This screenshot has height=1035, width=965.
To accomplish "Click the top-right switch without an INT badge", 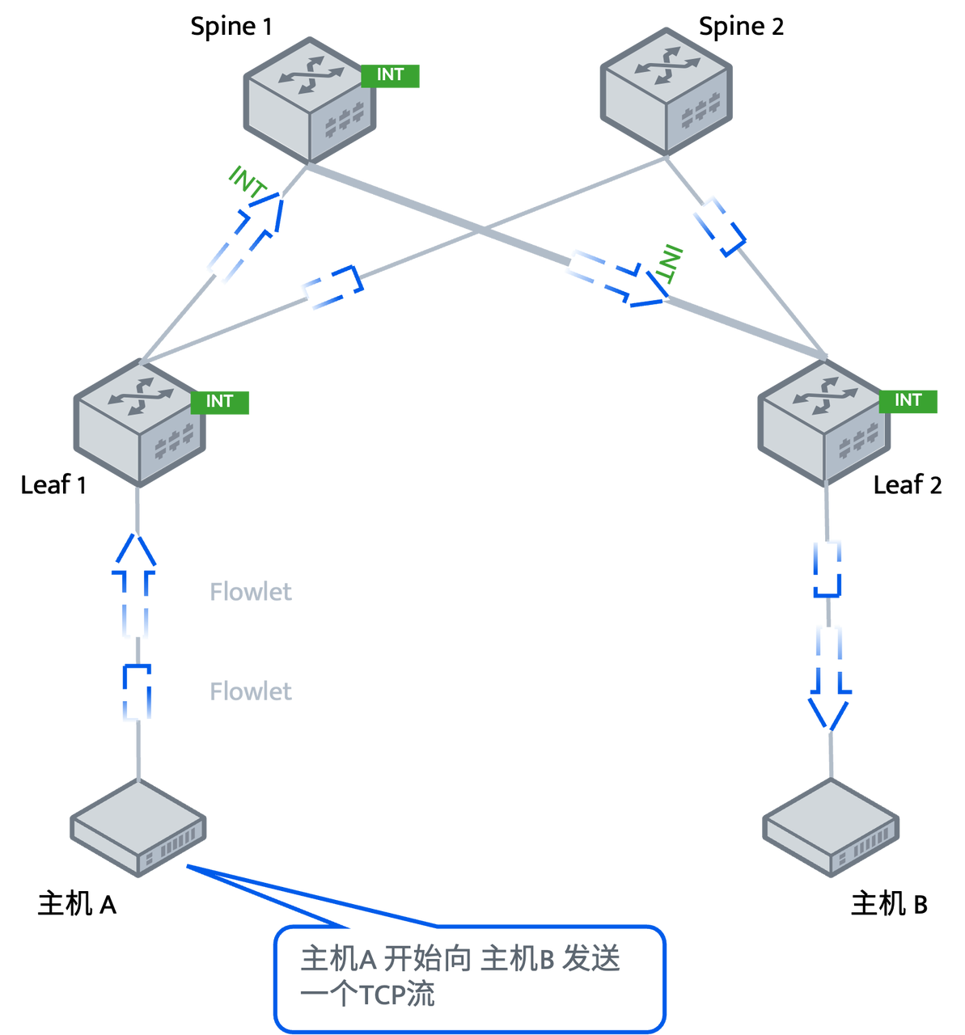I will pyautogui.click(x=665, y=91).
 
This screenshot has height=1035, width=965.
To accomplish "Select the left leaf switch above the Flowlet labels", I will pyautogui.click(x=139, y=424).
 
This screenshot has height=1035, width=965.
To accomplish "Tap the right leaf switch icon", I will pyautogui.click(x=823, y=424).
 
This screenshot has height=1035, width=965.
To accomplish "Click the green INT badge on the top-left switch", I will pyautogui.click(x=390, y=74).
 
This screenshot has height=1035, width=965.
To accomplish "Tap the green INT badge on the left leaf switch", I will pyautogui.click(x=220, y=401).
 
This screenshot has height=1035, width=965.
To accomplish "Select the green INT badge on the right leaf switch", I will pyautogui.click(x=908, y=400).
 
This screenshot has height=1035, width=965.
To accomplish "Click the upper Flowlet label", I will pyautogui.click(x=251, y=592).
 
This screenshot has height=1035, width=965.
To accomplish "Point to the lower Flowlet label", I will pyautogui.click(x=251, y=691).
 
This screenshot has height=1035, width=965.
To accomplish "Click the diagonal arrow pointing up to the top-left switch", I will pyautogui.click(x=246, y=236).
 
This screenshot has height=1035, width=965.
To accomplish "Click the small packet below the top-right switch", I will pyautogui.click(x=719, y=226).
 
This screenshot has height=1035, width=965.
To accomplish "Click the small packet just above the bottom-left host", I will pyautogui.click(x=137, y=693).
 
